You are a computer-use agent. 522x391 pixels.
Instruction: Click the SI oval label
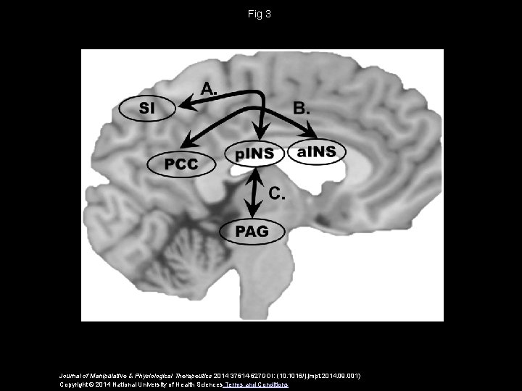146,109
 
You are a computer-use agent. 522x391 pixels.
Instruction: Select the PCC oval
181,164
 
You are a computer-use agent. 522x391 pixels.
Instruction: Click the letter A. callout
209,89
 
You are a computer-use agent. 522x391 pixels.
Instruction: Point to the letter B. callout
302,109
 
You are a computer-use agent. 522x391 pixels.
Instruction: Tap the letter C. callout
277,193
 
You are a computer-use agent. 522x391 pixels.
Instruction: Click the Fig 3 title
260,14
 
